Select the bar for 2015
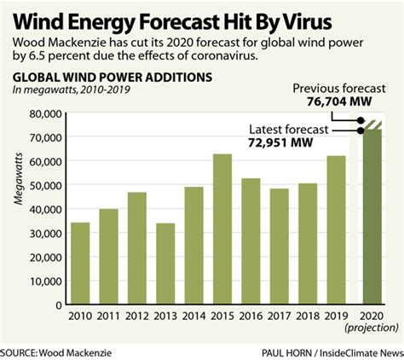click(x=222, y=226)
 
